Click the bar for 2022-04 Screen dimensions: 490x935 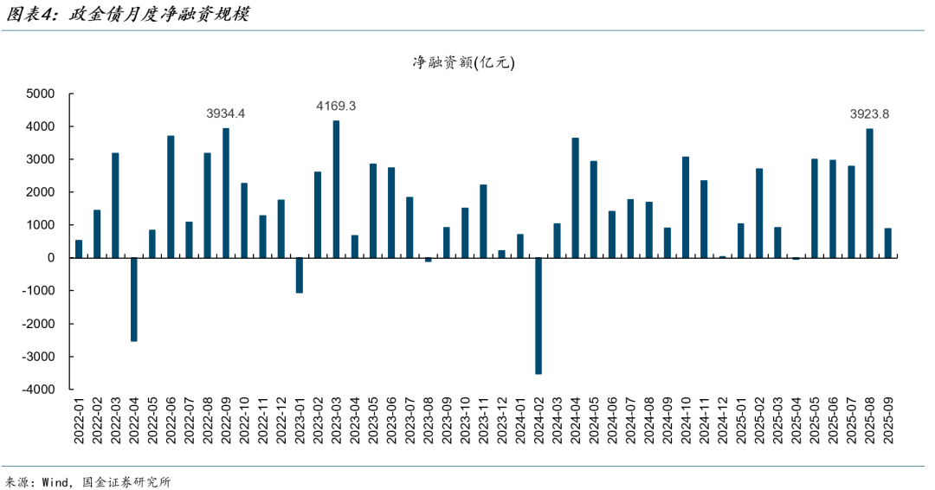point(134,300)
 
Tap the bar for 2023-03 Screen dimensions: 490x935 point(336,189)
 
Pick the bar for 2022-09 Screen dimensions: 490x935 point(226,193)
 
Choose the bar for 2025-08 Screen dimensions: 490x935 point(869,193)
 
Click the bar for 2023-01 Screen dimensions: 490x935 point(300,275)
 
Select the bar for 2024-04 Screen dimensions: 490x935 point(576,197)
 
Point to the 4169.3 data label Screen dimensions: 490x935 point(336,106)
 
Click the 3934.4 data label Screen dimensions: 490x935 point(226,113)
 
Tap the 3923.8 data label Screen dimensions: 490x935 point(869,113)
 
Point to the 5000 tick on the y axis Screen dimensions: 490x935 point(41,93)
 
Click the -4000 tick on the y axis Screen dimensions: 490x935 point(38,390)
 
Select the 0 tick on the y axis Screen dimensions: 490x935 point(52,258)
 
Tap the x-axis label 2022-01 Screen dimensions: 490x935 point(79,422)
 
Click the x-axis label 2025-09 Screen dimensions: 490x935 point(888,422)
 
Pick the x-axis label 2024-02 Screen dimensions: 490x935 point(538,422)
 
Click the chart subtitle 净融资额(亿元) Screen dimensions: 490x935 point(463,62)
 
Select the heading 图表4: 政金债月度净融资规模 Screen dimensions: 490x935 point(126,15)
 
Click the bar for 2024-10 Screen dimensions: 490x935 point(686,207)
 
